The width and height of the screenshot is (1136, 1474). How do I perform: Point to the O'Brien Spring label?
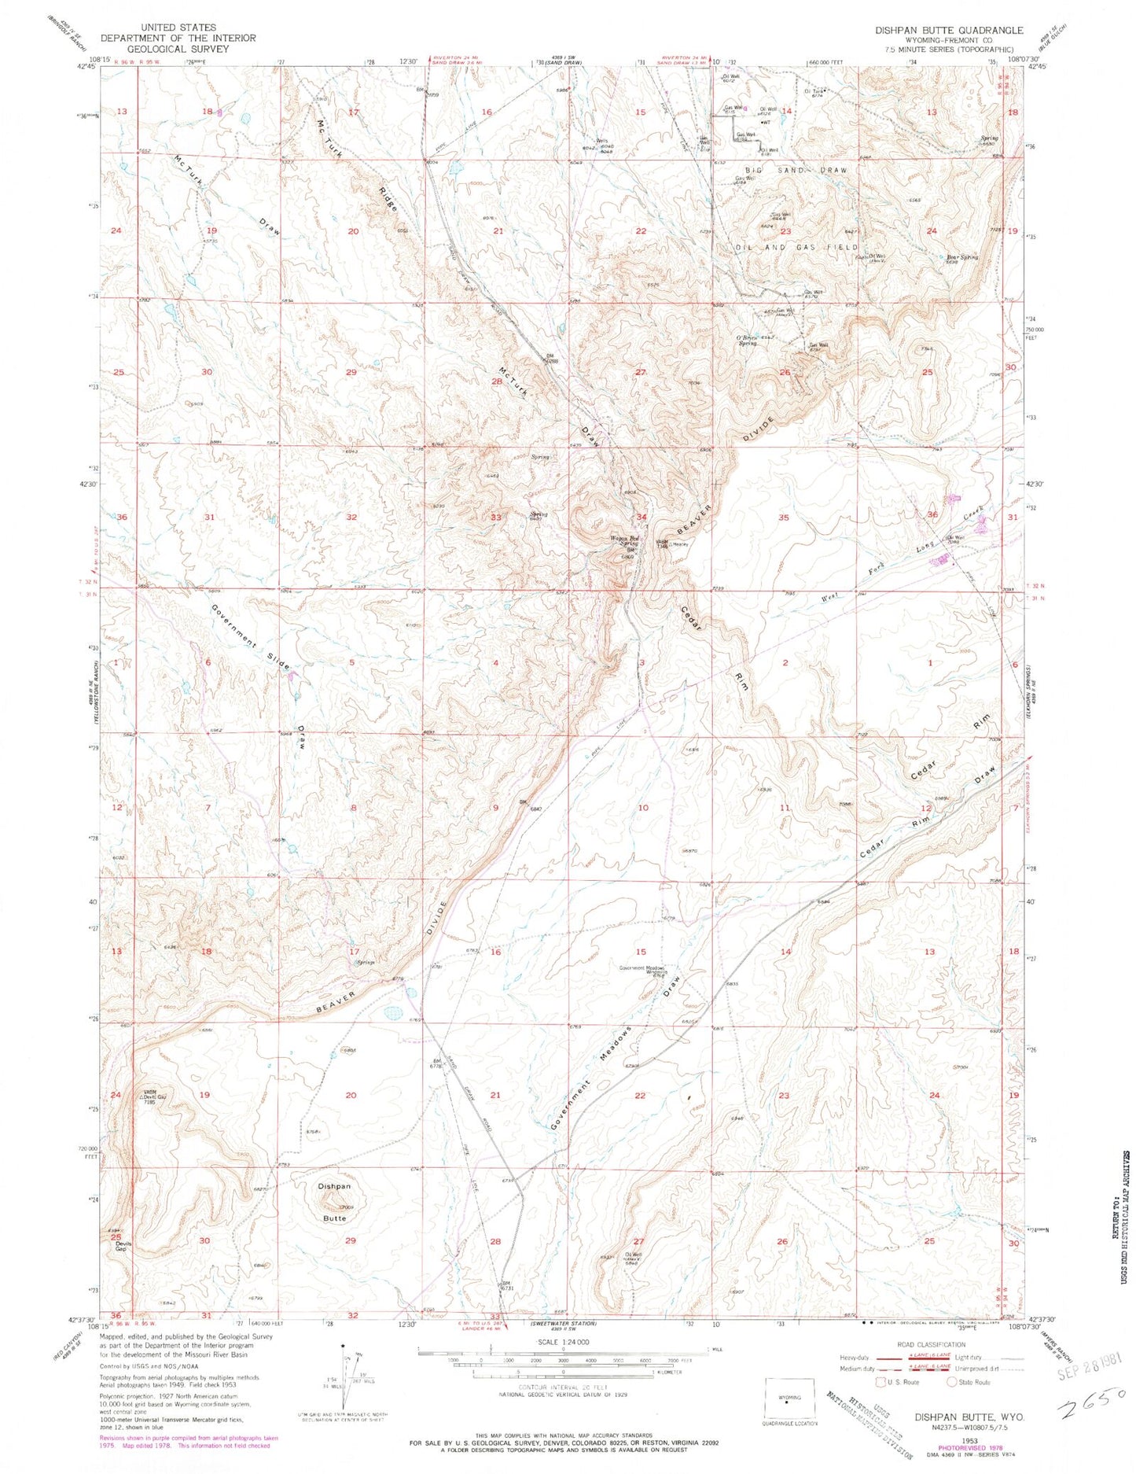747,340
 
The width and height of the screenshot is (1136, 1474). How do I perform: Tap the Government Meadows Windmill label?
642,970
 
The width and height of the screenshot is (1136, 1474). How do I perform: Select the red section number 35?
783,518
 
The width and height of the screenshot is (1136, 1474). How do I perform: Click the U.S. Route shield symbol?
880,1381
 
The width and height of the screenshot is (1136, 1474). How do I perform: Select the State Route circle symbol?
951,1381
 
